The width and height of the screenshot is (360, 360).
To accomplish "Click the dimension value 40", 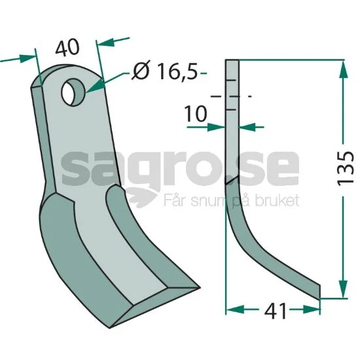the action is click(x=67, y=48).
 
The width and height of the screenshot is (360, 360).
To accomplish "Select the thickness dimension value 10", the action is click(x=196, y=114).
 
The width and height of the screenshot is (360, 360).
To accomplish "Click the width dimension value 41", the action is click(x=275, y=312).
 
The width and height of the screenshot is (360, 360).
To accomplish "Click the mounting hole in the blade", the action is click(x=73, y=92).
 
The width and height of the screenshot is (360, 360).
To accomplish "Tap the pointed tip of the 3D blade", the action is click(x=199, y=287).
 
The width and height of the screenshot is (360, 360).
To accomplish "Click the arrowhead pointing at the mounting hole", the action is click(x=95, y=86).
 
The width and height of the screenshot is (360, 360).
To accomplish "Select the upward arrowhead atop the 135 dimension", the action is click(x=343, y=69).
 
